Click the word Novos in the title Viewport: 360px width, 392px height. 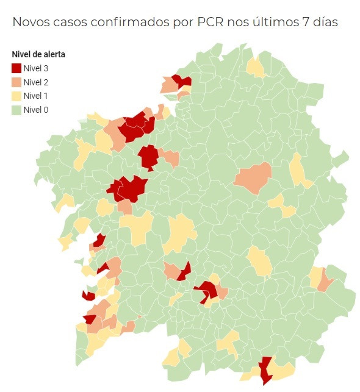tap(32, 22)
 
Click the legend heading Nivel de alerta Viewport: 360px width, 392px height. tap(38, 54)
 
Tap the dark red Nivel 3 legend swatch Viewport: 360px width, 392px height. tap(16, 68)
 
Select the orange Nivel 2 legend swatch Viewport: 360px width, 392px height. tap(16, 82)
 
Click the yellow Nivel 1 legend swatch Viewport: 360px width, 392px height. tap(16, 96)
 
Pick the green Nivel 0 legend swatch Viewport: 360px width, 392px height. tap(16, 110)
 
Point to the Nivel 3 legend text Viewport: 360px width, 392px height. tap(36, 68)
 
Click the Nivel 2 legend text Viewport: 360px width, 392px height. tap(36, 82)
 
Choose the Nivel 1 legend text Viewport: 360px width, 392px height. tap(36, 96)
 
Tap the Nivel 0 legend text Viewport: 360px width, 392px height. tap(36, 110)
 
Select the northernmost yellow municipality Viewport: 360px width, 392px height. tap(256, 66)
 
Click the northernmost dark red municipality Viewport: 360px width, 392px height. tap(181, 80)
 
